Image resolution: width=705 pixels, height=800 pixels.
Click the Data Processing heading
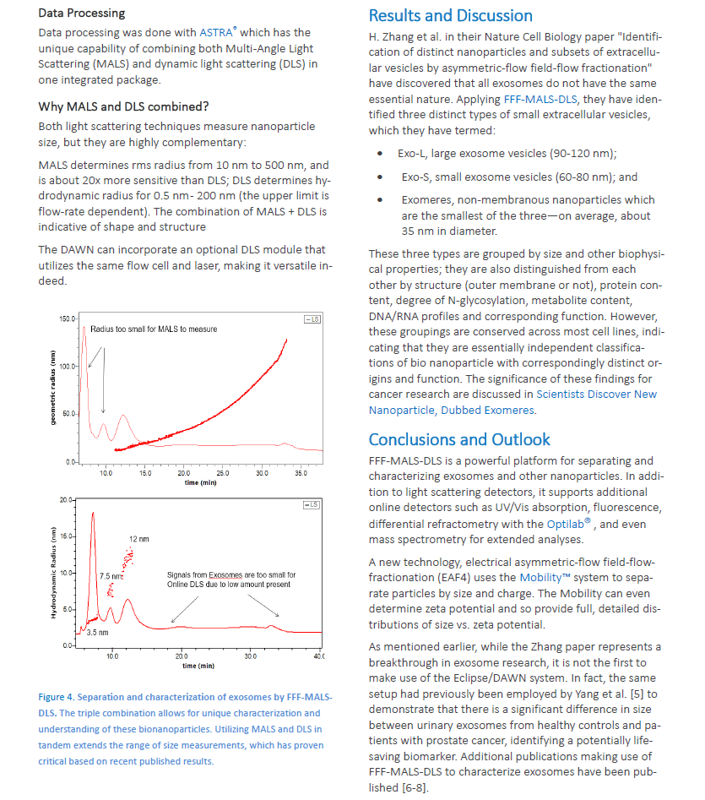pyautogui.click(x=82, y=13)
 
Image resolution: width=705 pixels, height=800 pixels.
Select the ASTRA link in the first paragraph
pyautogui.click(x=217, y=32)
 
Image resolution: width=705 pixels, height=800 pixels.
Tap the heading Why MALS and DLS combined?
pyautogui.click(x=123, y=106)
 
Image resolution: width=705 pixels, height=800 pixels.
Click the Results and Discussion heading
pyautogui.click(x=450, y=15)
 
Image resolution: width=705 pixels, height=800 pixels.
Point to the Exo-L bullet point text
pyautogui.click(x=507, y=154)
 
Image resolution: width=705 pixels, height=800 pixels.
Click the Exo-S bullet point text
pyautogui.click(x=519, y=177)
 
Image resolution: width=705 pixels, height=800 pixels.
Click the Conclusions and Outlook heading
pyautogui.click(x=459, y=439)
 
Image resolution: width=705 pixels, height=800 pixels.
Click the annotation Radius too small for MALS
pyautogui.click(x=154, y=329)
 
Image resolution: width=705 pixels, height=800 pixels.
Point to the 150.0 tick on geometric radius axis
pyautogui.click(x=66, y=318)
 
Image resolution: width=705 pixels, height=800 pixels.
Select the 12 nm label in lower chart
pyautogui.click(x=138, y=538)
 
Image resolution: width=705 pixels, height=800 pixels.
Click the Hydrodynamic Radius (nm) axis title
pyautogui.click(x=53, y=574)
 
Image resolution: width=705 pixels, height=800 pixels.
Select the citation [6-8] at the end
pyautogui.click(x=412, y=787)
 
